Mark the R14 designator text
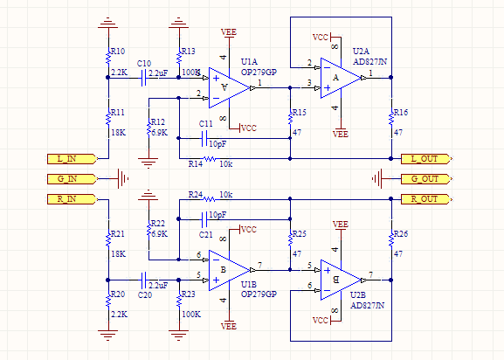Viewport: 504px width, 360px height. (195, 163)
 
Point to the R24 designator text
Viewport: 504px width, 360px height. (195, 194)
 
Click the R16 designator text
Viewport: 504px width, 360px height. (400, 114)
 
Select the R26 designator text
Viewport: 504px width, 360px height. (400, 235)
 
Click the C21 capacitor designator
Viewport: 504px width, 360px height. (207, 235)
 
